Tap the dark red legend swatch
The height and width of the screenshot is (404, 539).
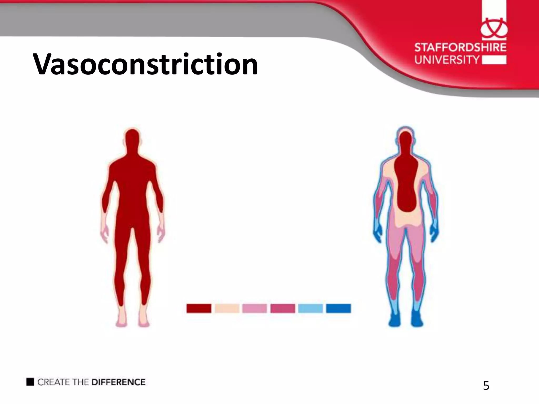(199, 308)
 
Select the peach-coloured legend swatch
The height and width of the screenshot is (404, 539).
(227, 308)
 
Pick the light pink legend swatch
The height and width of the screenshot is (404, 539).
(254, 308)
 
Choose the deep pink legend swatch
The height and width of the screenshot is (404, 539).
(283, 308)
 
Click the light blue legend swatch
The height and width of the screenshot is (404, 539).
(310, 308)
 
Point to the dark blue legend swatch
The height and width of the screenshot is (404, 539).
(338, 308)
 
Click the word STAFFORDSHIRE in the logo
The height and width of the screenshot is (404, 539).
(460, 48)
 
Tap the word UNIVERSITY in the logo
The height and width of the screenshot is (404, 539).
(447, 60)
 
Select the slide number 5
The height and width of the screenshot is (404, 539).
(486, 386)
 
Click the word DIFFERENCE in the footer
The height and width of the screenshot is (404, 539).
(118, 382)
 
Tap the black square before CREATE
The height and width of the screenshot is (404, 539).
(30, 382)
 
